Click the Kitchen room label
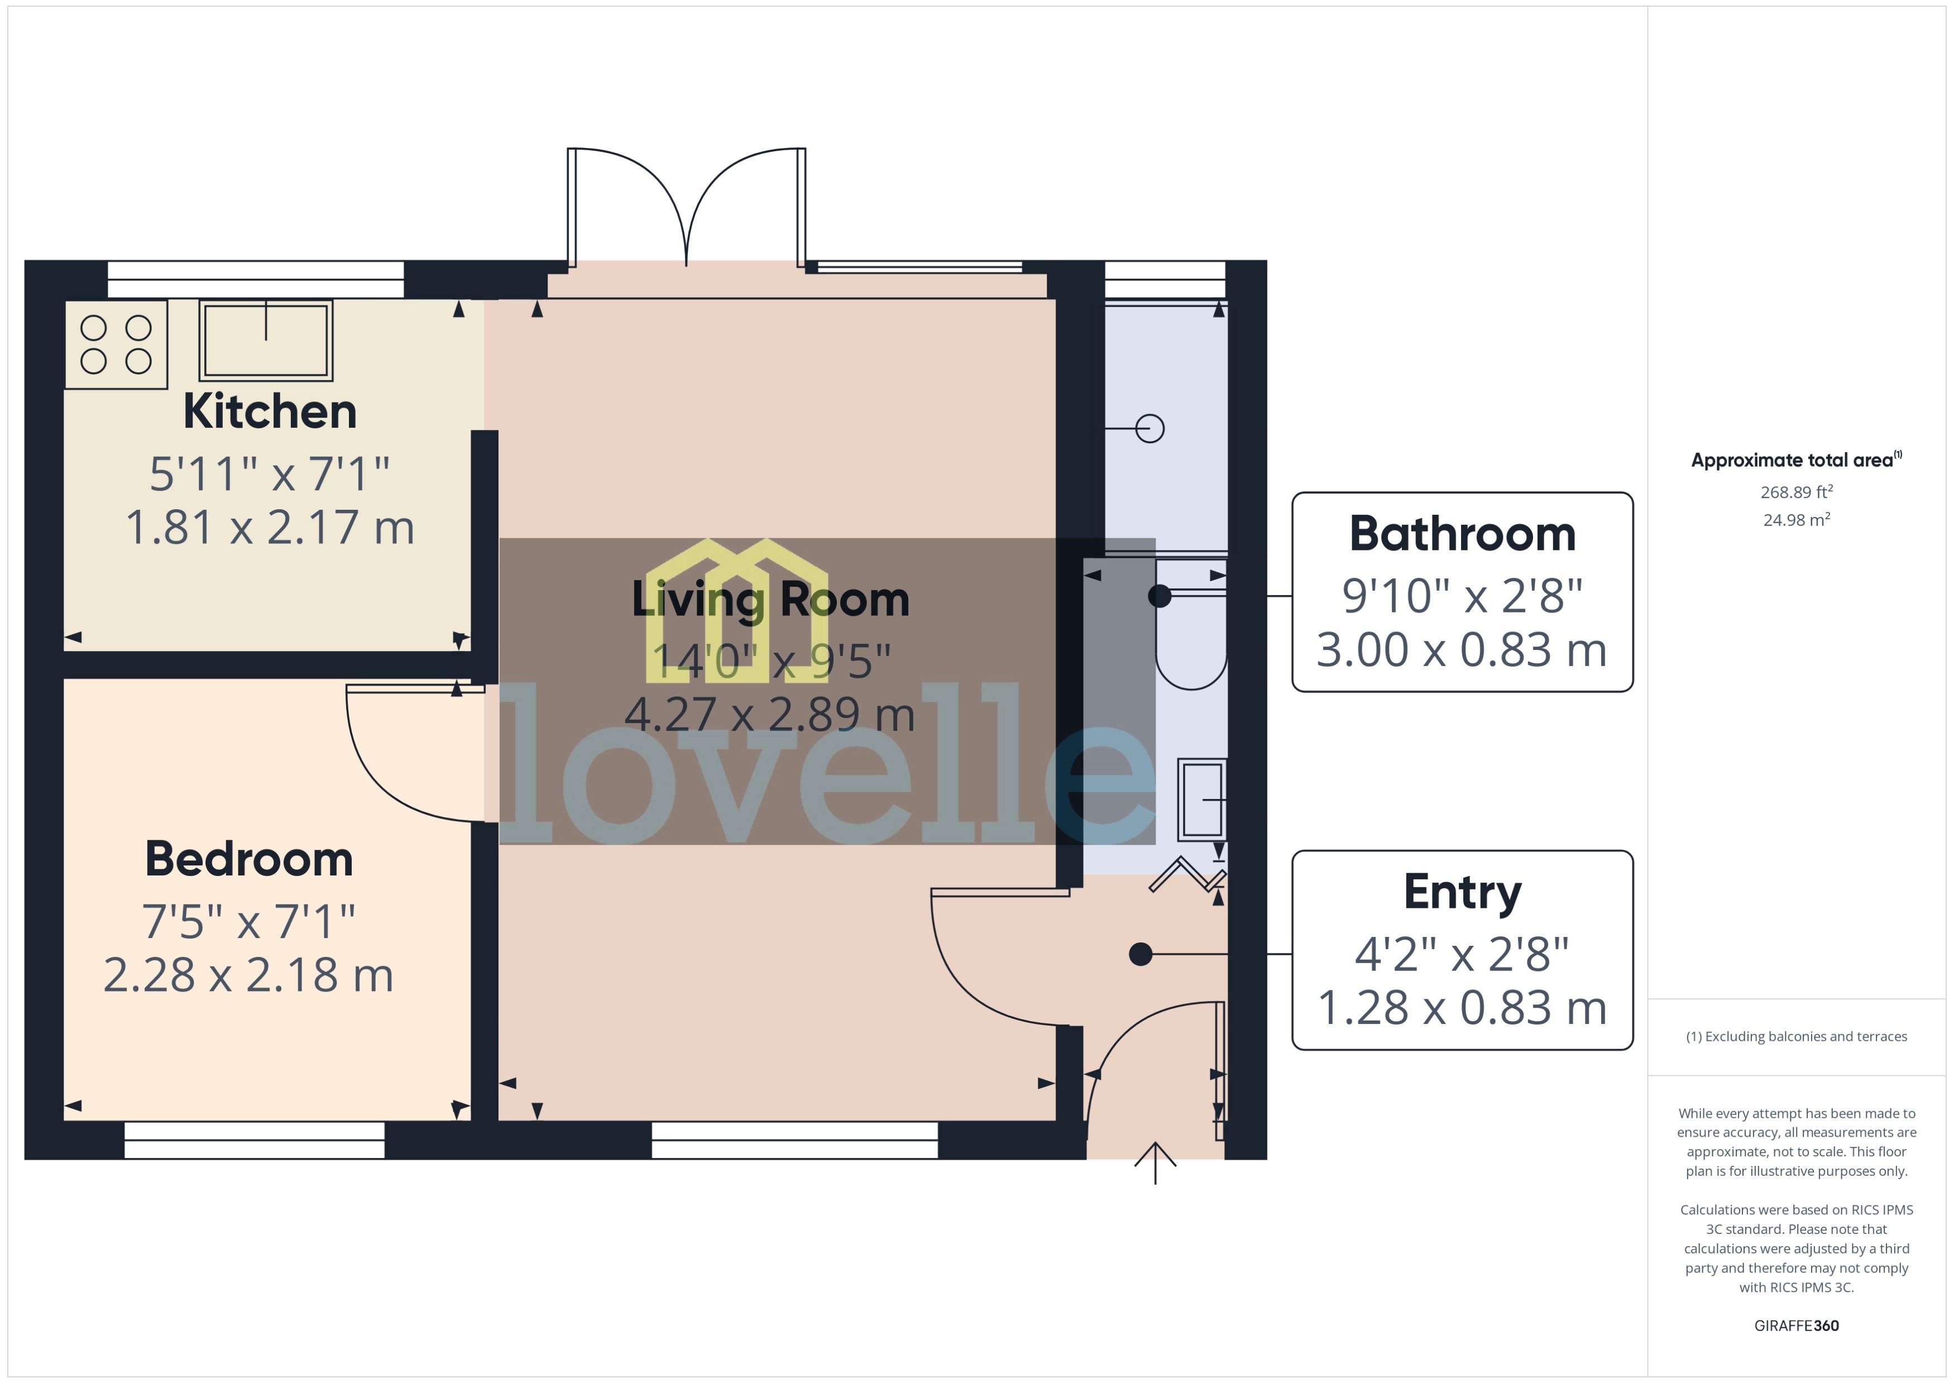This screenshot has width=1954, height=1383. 270,412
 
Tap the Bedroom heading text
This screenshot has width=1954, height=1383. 248,859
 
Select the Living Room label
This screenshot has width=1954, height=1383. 770,600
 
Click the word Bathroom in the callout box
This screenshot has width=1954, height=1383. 1462,535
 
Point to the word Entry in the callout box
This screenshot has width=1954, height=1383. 1462,892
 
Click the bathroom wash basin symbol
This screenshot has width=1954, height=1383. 1202,799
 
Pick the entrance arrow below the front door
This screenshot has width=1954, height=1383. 1155,1162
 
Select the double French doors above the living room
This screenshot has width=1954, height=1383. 686,209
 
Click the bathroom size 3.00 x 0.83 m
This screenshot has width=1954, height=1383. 1462,650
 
